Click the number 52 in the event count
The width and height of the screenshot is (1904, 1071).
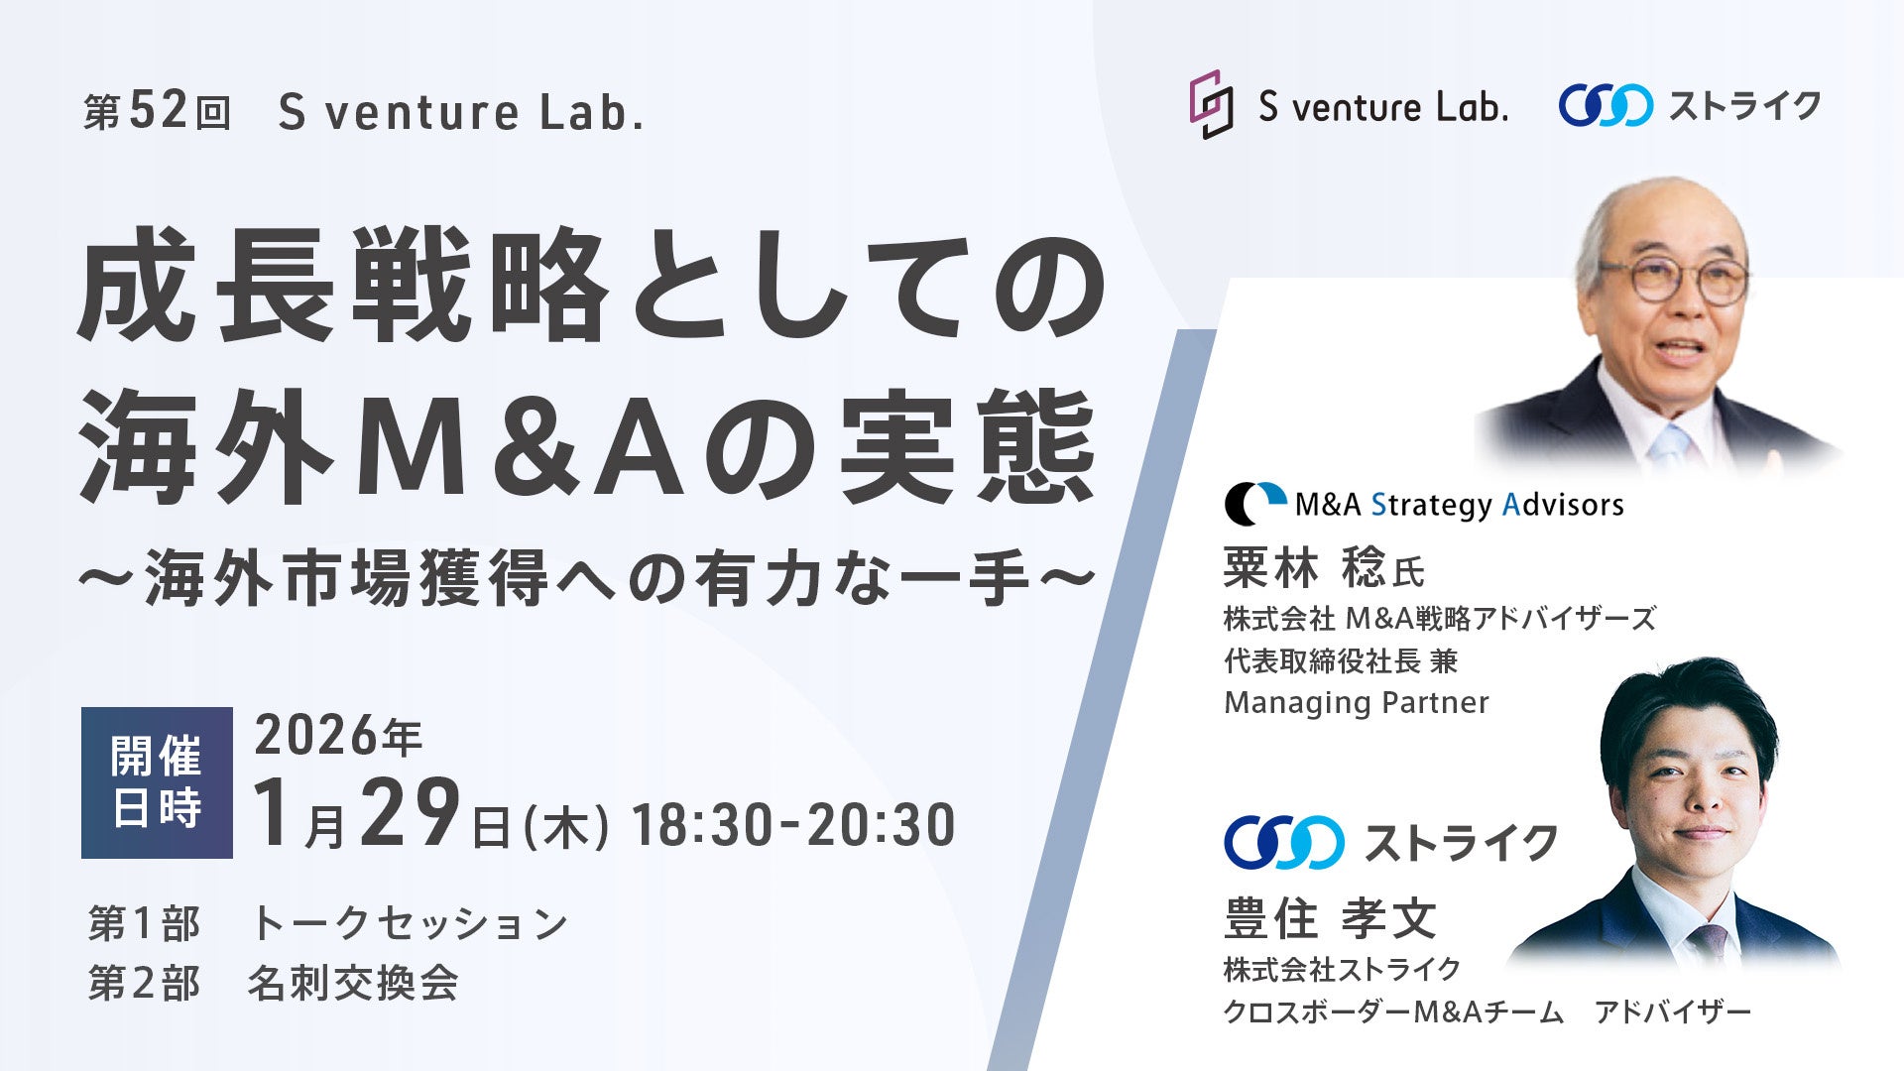tap(159, 111)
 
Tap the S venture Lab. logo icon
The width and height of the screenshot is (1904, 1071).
tap(1211, 104)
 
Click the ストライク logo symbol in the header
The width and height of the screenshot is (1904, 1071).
tap(1606, 105)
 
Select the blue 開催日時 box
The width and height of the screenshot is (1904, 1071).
tap(157, 782)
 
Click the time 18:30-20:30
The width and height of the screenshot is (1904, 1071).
tap(793, 825)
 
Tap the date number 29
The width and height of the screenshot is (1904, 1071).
tap(410, 812)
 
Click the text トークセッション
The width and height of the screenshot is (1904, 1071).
tap(410, 923)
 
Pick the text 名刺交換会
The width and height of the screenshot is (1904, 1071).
tap(353, 984)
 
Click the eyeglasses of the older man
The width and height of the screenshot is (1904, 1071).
tap(1673, 277)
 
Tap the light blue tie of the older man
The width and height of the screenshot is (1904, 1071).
tap(1671, 446)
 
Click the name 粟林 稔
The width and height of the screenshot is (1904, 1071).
tap(1304, 568)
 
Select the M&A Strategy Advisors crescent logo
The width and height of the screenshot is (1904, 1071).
tap(1254, 504)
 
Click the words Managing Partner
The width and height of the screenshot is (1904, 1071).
tap(1357, 703)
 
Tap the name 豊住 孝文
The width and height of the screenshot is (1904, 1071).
tap(1330, 918)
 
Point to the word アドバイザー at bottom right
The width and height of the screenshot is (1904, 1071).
tap(1673, 1012)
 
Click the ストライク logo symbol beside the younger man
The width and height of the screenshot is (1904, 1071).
tap(1284, 843)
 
